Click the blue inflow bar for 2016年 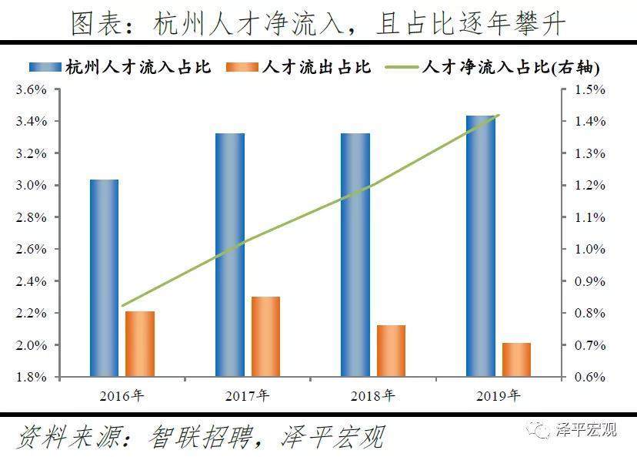click(x=104, y=278)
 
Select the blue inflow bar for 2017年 click(x=229, y=255)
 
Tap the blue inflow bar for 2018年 click(x=355, y=255)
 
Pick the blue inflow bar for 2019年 click(x=481, y=247)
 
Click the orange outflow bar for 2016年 click(x=140, y=344)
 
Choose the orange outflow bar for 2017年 click(x=265, y=337)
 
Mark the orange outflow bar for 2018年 click(x=391, y=351)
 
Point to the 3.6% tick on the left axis click(x=32, y=89)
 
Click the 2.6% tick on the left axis click(x=32, y=249)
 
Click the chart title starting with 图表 click(x=318, y=23)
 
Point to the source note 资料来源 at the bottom click(x=200, y=436)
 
